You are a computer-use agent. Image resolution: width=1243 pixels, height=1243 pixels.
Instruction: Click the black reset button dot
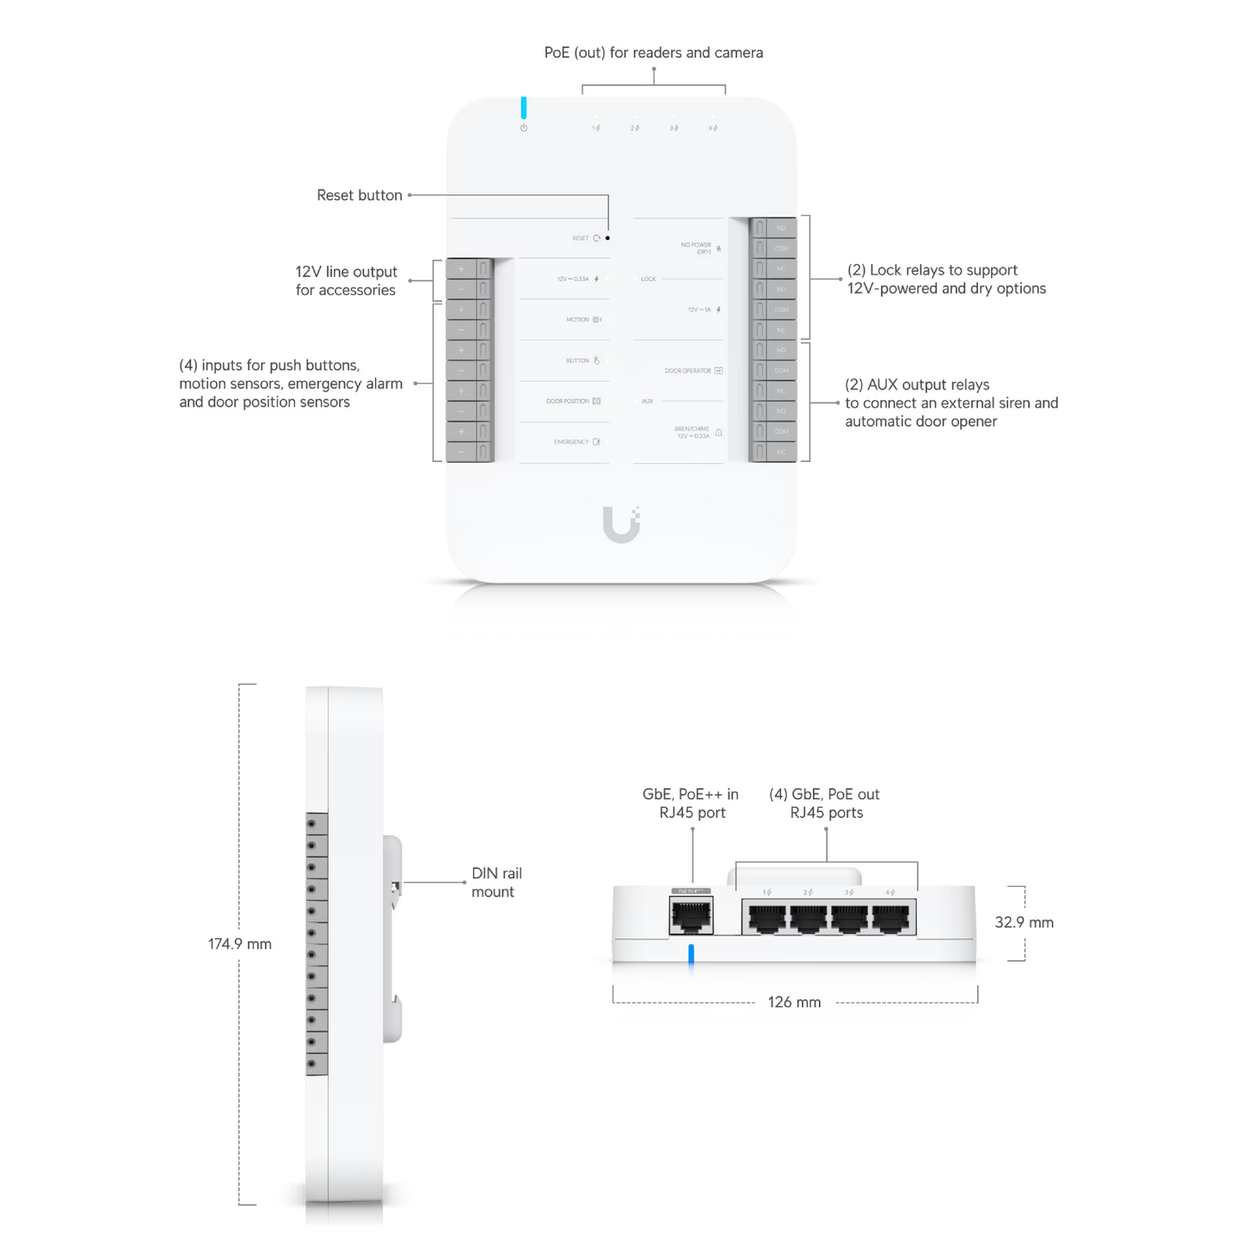608,237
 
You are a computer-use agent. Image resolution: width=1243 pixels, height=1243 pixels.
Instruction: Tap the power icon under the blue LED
523,128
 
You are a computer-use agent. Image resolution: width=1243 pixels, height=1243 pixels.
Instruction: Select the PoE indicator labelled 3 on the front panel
674,128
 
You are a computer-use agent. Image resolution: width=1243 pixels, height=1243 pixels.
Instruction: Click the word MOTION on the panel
577,320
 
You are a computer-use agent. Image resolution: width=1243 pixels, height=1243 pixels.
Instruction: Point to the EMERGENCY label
571,442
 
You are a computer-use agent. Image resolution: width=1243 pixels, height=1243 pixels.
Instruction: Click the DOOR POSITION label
568,402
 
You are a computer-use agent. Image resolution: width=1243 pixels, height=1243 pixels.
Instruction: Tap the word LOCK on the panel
648,279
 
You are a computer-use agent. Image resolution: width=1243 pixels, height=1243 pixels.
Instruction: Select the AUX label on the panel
647,402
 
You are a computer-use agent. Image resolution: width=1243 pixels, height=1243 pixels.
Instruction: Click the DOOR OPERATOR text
687,371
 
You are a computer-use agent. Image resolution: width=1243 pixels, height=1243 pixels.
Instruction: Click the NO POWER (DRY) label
696,248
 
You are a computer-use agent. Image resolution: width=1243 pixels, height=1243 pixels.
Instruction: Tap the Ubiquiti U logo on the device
621,524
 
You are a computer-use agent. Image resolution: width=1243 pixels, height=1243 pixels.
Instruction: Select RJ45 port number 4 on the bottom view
892,920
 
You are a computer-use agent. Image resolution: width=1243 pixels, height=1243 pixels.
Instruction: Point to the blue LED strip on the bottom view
690,963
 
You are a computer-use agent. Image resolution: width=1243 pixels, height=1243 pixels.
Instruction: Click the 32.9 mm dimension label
1024,923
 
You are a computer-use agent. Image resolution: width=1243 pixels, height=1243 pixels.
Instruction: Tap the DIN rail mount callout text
496,883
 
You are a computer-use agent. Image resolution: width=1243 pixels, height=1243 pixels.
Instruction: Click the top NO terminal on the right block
781,228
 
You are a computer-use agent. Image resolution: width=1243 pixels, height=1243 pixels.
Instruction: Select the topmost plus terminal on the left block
461,269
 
